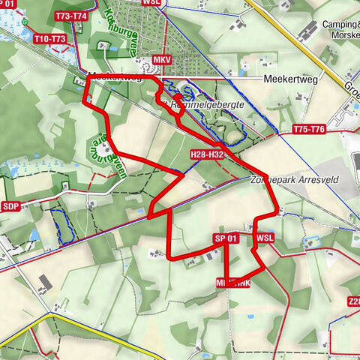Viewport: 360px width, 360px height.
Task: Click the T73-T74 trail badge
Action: coord(71,16)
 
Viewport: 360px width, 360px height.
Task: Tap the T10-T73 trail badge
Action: coord(50,38)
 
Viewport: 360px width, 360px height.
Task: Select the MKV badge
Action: coord(161,58)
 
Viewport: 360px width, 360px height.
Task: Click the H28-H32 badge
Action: coord(207,154)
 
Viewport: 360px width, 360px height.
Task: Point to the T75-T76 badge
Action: coord(309,130)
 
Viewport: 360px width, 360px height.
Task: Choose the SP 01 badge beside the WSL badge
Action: coord(226,238)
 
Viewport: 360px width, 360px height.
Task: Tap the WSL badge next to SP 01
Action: coord(265,238)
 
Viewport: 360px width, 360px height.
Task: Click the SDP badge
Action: coord(10,206)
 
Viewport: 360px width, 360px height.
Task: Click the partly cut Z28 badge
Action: coord(353,302)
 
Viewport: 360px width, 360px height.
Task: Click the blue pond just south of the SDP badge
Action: coord(34,235)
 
